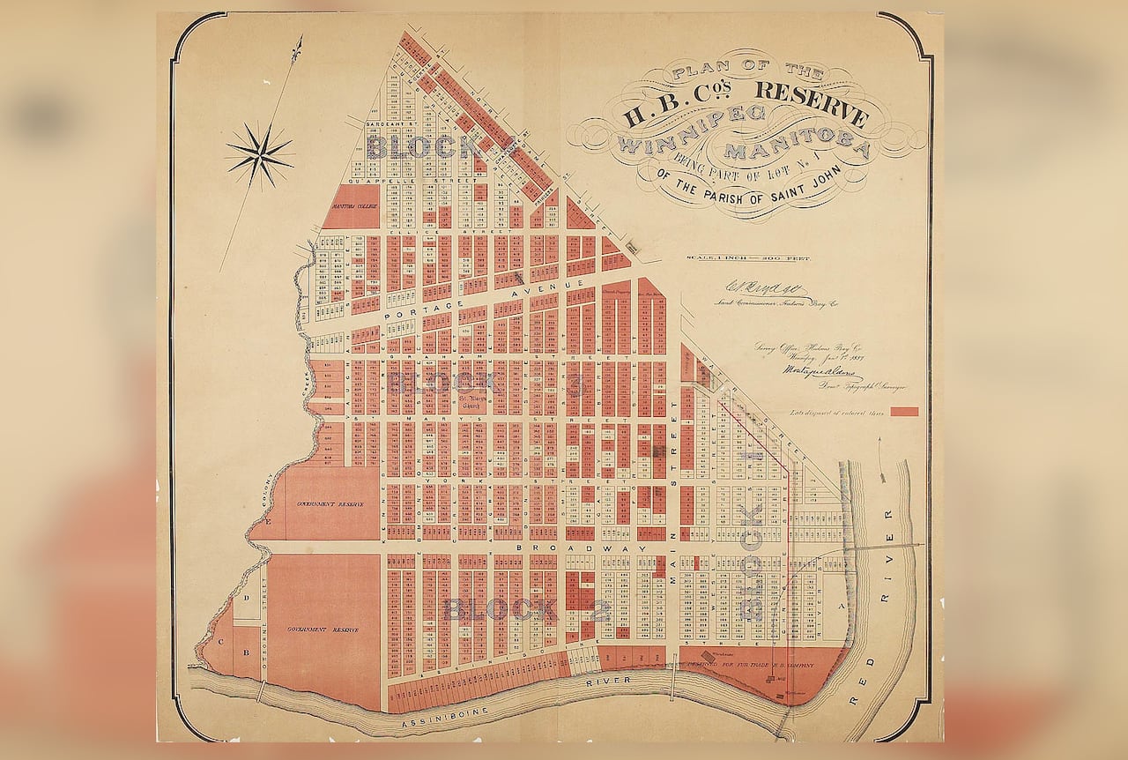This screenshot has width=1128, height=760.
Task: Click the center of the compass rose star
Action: click(259, 155)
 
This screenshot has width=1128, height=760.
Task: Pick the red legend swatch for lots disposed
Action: click(904, 412)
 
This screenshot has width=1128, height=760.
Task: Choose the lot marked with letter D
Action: click(246, 599)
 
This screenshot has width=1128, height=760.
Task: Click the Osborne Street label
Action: click(262, 608)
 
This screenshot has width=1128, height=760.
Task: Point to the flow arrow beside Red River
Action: click(883, 462)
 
